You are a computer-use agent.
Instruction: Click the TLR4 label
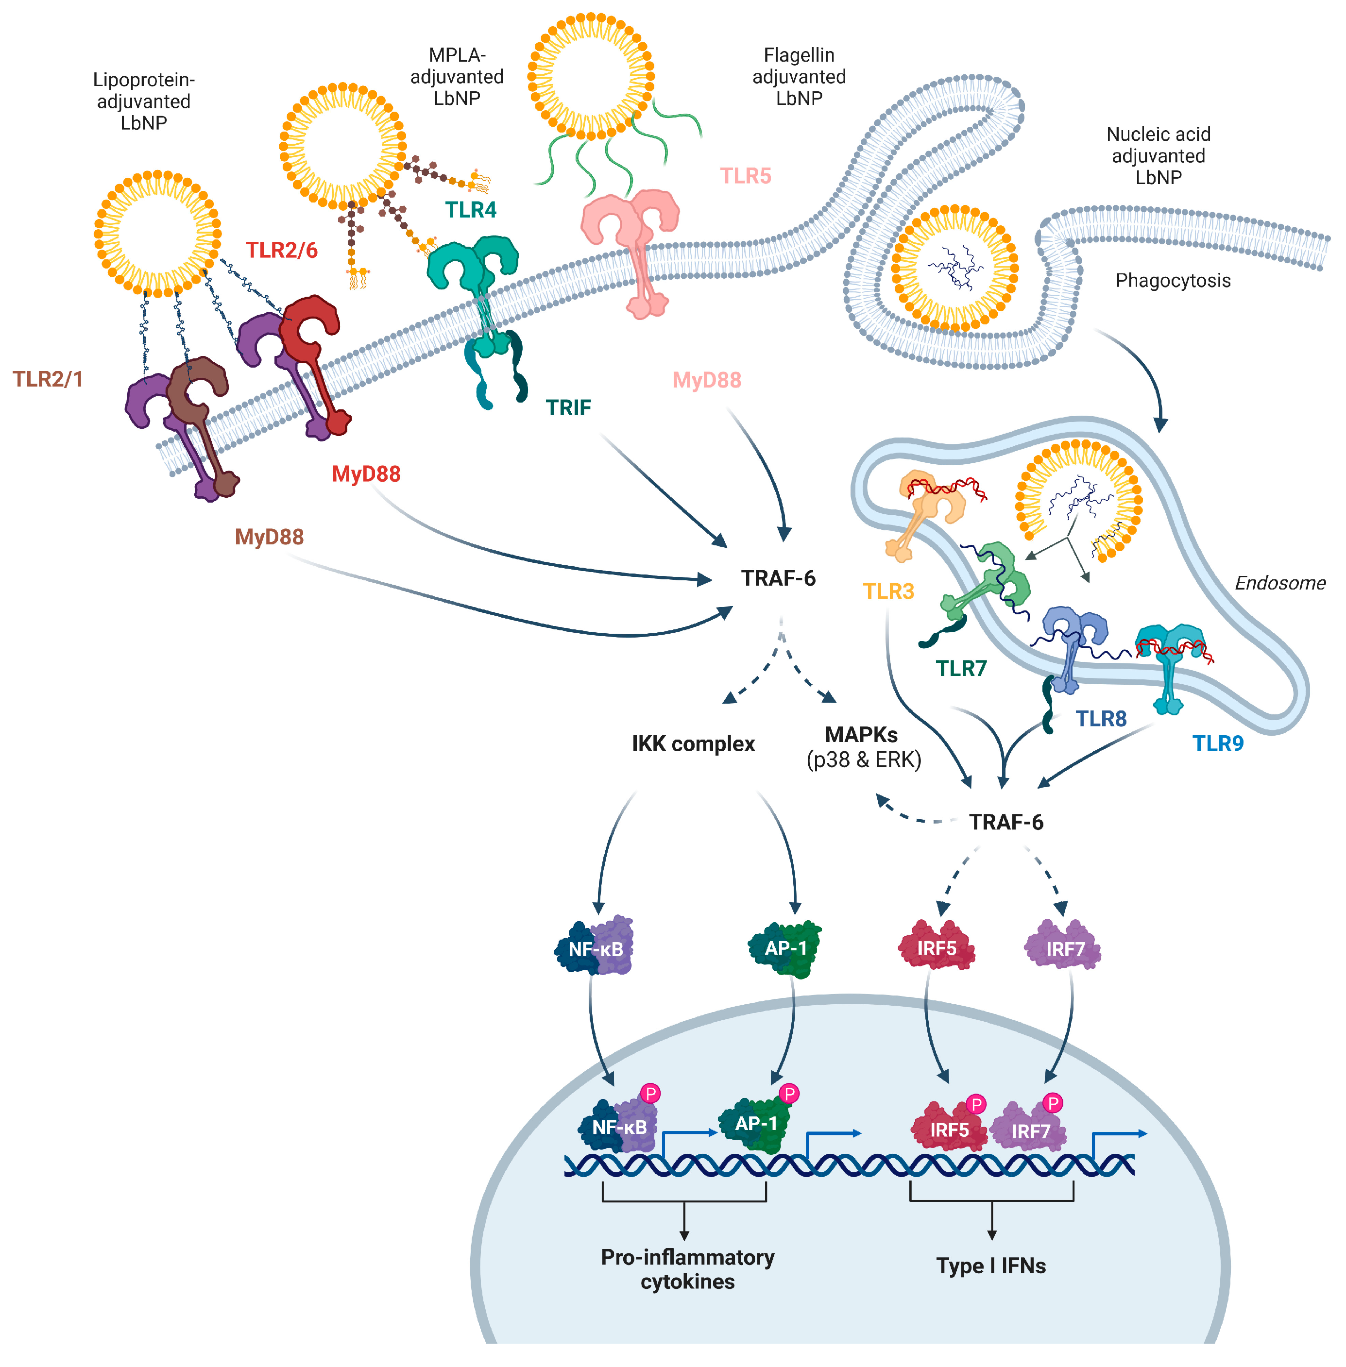[x=470, y=210]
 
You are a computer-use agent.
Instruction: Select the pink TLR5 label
[x=745, y=176]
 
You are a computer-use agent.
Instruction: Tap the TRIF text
[x=568, y=408]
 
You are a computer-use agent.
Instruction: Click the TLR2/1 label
[x=48, y=380]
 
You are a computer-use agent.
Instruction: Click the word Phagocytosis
[x=1173, y=281]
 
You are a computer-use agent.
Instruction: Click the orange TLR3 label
[x=888, y=591]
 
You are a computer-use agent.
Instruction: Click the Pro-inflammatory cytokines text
[x=687, y=1269]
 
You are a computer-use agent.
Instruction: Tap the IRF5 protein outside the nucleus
[x=937, y=945]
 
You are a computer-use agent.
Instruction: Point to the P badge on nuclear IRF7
[x=1053, y=1103]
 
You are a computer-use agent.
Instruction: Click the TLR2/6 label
[x=281, y=250]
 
